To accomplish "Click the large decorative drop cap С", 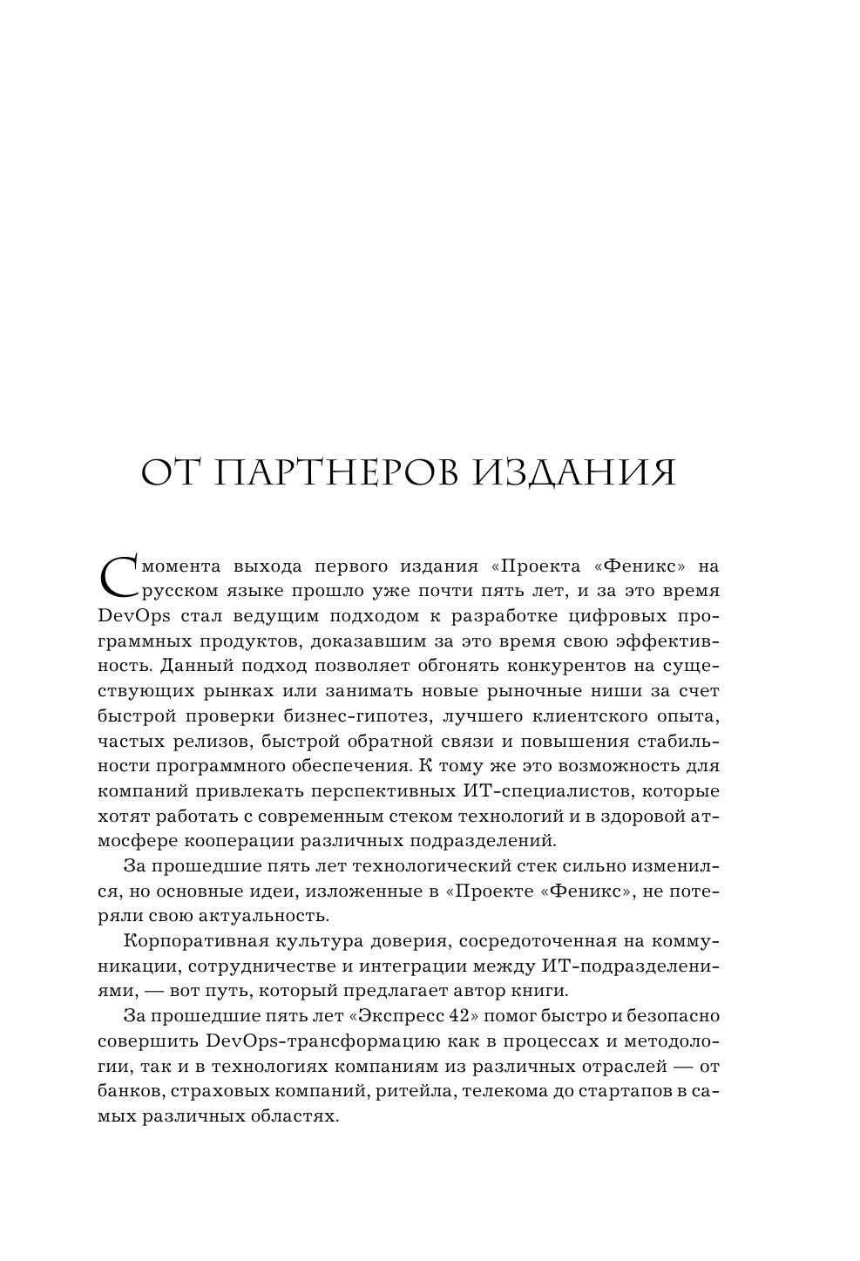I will pyautogui.click(x=119, y=577).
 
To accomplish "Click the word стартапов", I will pyautogui.click(x=624, y=1091).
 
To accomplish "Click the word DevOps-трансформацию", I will pyautogui.click(x=303, y=1041).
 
